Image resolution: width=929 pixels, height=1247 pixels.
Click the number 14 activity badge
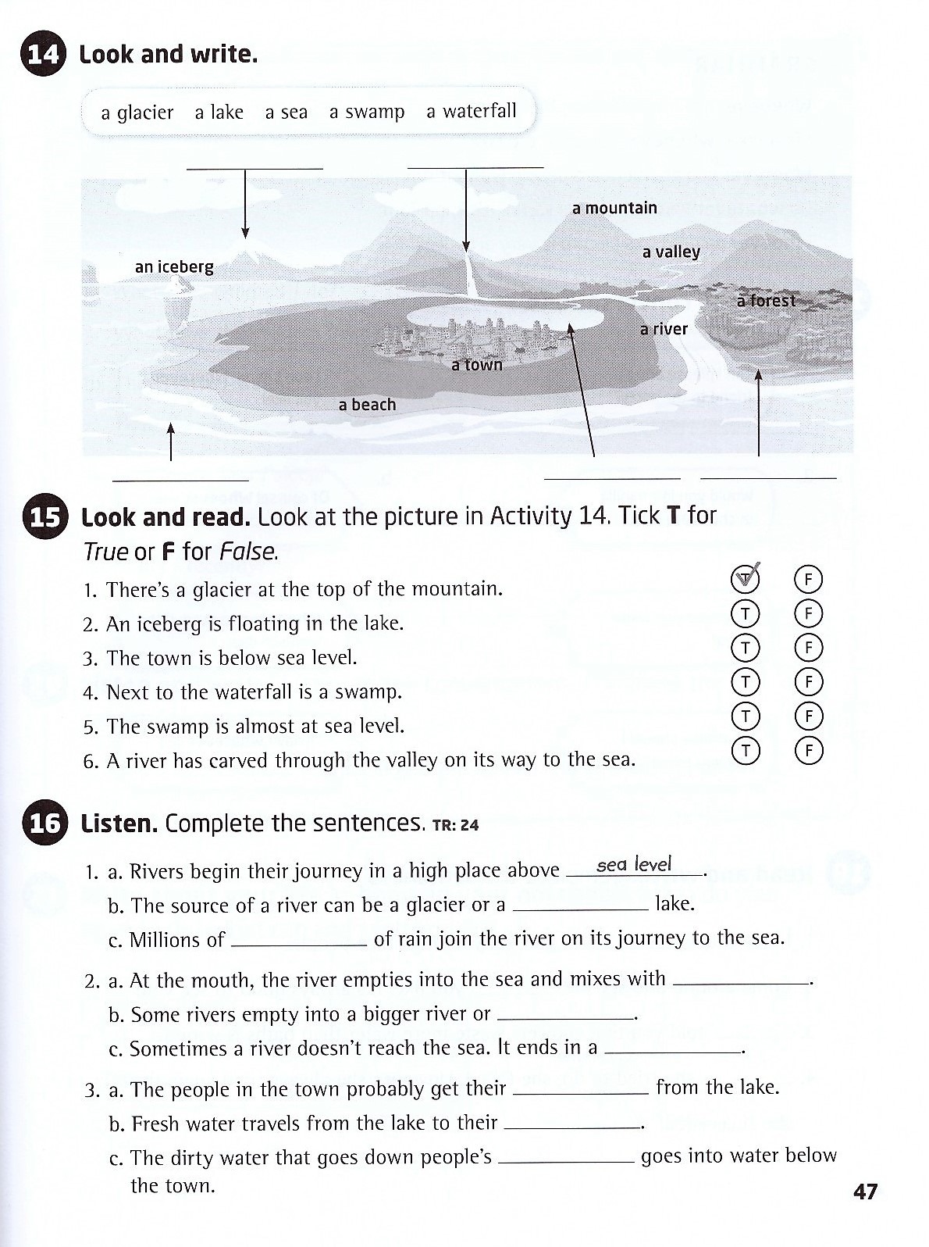(x=42, y=55)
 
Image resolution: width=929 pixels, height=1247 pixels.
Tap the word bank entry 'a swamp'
(x=367, y=113)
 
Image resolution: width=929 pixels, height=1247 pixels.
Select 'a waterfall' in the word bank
(x=471, y=112)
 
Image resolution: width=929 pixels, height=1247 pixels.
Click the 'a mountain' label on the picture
(x=614, y=208)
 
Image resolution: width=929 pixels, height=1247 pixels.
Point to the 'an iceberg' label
(x=174, y=267)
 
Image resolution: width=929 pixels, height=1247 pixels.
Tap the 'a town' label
(x=477, y=365)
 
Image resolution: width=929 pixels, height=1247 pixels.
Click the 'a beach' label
(x=367, y=405)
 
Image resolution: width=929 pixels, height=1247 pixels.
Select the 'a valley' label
(x=671, y=252)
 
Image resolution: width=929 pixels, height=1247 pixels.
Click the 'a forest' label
(x=766, y=301)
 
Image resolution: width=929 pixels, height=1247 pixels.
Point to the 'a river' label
(x=664, y=329)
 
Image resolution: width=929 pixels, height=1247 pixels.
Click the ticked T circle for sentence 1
(x=746, y=579)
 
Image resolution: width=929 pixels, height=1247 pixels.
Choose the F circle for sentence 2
(x=809, y=614)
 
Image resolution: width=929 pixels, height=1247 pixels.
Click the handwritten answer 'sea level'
(x=633, y=865)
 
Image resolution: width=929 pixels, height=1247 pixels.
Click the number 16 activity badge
(x=43, y=824)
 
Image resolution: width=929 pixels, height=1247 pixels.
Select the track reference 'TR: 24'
(x=454, y=825)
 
